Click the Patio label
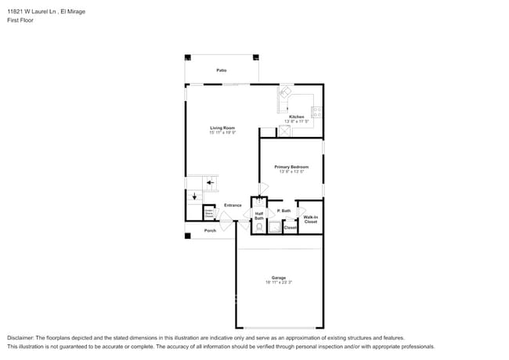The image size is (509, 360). (x=222, y=71)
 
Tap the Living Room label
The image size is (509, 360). (x=222, y=128)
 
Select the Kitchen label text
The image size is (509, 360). (x=297, y=117)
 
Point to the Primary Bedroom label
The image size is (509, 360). (x=291, y=167)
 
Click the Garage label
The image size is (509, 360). (x=278, y=278)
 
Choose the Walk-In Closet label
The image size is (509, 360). (x=311, y=219)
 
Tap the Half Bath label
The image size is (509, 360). (x=259, y=216)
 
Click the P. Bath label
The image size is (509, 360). (x=284, y=211)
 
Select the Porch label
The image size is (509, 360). (x=210, y=231)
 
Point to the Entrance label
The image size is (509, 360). (x=233, y=205)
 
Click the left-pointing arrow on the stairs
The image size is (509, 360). (x=210, y=183)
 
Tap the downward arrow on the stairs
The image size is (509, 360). (x=195, y=196)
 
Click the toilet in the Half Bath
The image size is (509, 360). (x=259, y=229)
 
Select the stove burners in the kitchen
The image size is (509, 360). (x=316, y=111)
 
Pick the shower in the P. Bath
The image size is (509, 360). (x=274, y=228)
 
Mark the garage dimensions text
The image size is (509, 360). (x=278, y=283)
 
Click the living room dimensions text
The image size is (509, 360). (x=222, y=133)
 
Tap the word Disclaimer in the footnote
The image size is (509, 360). (x=23, y=337)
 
